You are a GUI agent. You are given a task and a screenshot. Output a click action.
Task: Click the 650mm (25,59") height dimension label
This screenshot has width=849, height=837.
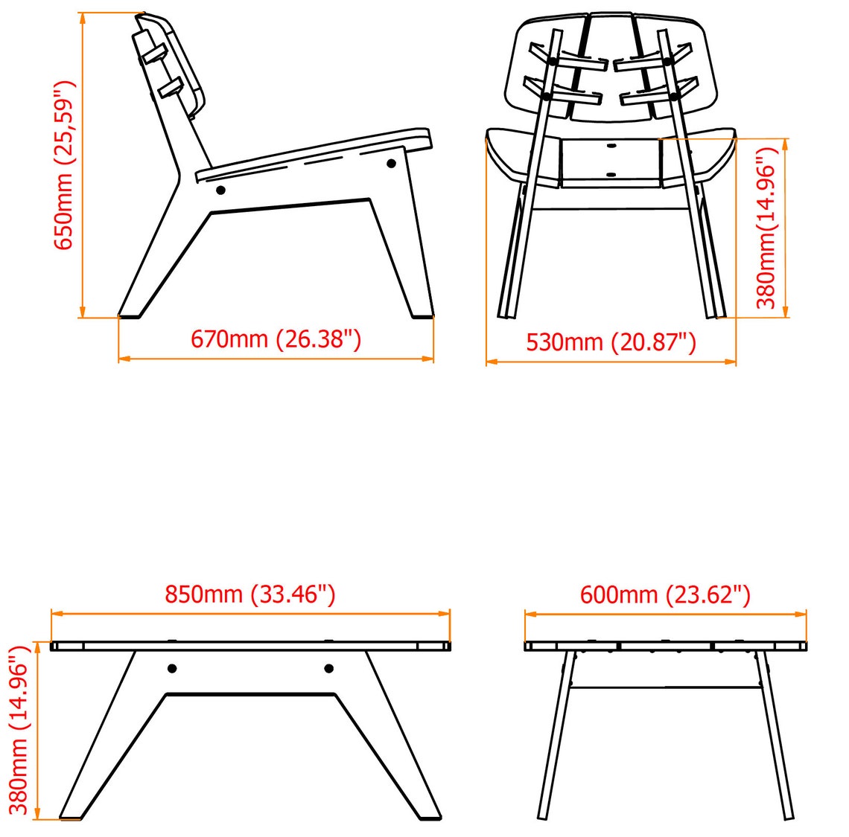point(63,165)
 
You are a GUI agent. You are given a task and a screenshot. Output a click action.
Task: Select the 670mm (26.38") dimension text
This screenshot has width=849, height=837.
point(276,339)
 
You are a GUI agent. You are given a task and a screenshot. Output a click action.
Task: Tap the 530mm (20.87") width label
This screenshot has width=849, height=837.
point(611,342)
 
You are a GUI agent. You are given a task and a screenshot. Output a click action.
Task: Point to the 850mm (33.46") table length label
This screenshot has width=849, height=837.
point(250,594)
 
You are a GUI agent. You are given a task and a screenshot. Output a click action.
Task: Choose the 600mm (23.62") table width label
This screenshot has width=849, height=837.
point(666,594)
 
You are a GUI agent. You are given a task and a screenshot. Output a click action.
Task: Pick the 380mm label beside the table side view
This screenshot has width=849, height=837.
point(18,730)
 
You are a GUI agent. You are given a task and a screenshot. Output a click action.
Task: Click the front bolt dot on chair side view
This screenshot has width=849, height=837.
point(391,163)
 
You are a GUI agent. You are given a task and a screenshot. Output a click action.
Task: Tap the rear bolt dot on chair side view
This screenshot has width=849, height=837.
point(220,190)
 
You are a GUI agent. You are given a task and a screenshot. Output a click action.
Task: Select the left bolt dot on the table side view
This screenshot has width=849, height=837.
point(171,669)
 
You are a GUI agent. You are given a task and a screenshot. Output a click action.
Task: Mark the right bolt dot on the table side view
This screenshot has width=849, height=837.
point(328,669)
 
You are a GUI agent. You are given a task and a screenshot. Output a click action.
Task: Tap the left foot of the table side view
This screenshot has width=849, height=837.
point(71,813)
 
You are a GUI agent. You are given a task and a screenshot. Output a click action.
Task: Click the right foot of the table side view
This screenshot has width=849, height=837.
point(430,813)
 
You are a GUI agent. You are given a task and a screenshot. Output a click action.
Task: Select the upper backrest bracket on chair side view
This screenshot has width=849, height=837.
point(154,54)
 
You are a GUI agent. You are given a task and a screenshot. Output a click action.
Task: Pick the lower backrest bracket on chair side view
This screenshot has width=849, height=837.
point(170,89)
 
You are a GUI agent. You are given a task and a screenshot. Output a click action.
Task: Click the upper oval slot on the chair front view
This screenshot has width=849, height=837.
point(611,146)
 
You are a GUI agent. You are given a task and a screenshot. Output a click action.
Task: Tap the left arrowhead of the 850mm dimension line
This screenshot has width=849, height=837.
point(57,614)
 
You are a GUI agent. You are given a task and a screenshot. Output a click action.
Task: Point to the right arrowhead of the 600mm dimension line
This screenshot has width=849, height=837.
point(801,614)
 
